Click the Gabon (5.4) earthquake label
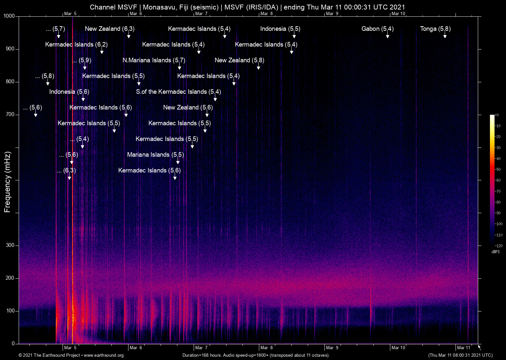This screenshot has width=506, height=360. (x=377, y=29)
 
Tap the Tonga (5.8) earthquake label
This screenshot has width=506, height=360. (x=435, y=29)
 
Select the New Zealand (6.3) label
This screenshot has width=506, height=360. (x=109, y=29)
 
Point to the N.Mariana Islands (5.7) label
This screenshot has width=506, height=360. (x=154, y=60)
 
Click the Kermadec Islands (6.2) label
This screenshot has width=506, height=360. (x=76, y=45)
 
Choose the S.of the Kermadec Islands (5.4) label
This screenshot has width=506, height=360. (x=178, y=92)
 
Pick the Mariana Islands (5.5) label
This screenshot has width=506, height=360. (x=155, y=155)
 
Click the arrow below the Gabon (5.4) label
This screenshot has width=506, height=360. (x=387, y=36)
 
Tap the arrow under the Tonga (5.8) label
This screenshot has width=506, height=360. (x=445, y=36)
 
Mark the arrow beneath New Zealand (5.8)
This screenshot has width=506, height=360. (x=258, y=67)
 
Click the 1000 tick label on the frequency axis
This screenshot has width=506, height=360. (x=9, y=16)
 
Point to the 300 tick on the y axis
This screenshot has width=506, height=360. (x=10, y=245)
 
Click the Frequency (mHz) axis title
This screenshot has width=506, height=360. (x=8, y=182)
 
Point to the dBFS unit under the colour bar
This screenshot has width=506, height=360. (x=496, y=252)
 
